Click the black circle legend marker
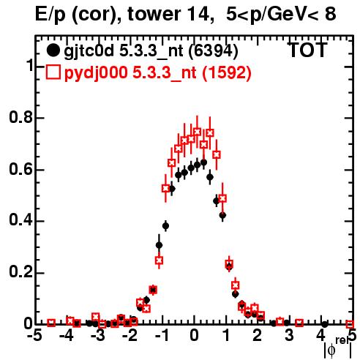(53, 50)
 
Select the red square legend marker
(53, 72)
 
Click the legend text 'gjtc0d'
(89, 52)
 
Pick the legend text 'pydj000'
(96, 73)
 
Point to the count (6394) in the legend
(213, 50)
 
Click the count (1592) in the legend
(227, 72)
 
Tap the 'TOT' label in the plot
(307, 50)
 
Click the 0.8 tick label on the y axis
(20, 117)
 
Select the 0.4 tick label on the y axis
(20, 220)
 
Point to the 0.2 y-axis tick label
(20, 272)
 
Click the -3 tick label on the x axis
(98, 336)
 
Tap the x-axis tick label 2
(258, 336)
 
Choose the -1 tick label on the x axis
(162, 336)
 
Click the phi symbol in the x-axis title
(331, 350)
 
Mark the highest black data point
(203, 162)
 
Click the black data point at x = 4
(325, 324)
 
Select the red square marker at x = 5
(350, 324)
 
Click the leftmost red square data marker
(51, 323)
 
